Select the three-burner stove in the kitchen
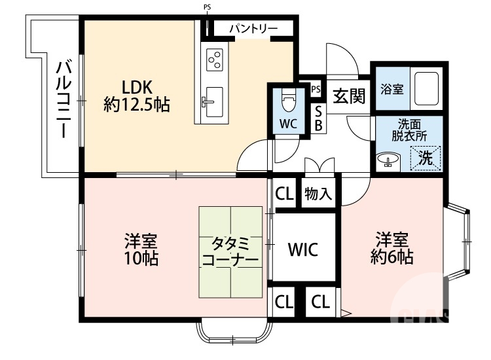(215, 60)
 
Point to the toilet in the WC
(288, 101)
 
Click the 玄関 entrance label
(348, 98)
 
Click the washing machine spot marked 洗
(426, 157)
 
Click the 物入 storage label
(318, 194)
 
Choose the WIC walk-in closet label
(303, 249)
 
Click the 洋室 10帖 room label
(141, 249)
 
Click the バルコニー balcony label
(64, 98)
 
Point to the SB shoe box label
(318, 118)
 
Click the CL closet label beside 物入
(283, 194)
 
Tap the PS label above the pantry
(207, 8)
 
